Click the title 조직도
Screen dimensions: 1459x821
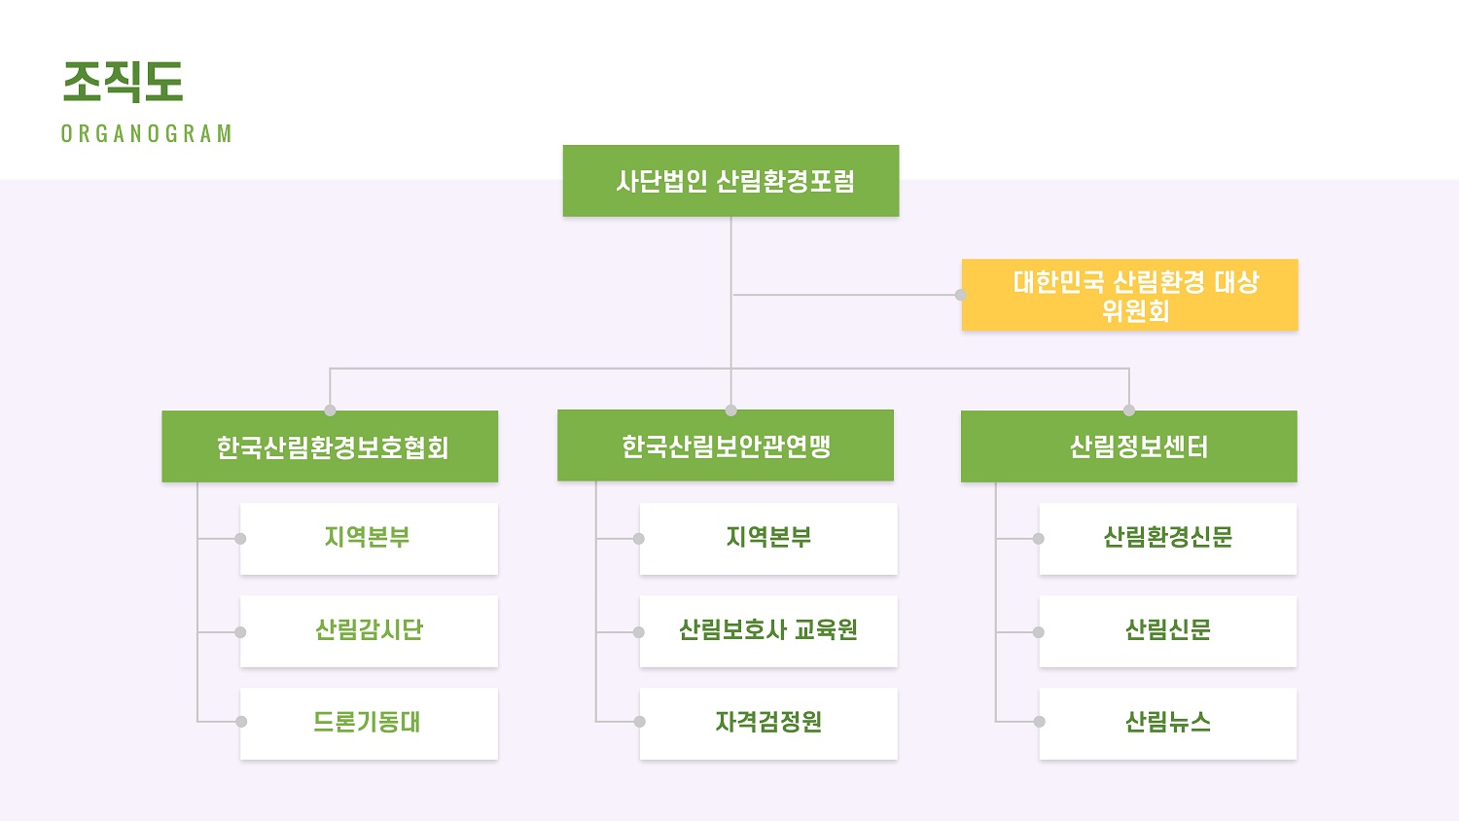pos(124,82)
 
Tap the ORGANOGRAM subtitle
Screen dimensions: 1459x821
pos(147,133)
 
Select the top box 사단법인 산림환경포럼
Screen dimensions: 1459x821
pos(730,181)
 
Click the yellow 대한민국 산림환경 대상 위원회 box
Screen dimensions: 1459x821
pos(1130,295)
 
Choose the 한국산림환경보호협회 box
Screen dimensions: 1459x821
pos(331,446)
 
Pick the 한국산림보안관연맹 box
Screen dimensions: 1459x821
pos(726,446)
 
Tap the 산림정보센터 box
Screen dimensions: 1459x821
pos(1129,446)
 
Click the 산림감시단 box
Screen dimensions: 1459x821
pos(370,630)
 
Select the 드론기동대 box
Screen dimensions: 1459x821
pos(370,724)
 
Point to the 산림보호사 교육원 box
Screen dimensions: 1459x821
pos(768,630)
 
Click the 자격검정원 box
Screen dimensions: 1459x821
pos(768,724)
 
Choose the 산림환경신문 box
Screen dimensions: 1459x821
pos(1168,538)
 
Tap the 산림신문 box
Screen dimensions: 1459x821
pos(1168,630)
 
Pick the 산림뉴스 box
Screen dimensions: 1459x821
pos(1168,724)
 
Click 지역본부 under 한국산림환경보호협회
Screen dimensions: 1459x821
pos(370,538)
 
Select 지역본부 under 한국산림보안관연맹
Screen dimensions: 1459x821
pos(768,538)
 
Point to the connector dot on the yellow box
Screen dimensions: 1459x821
pos(961,295)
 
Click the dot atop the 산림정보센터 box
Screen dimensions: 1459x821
pos(1129,410)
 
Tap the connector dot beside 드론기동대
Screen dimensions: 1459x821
pos(241,722)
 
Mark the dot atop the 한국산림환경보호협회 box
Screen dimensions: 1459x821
pos(331,410)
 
